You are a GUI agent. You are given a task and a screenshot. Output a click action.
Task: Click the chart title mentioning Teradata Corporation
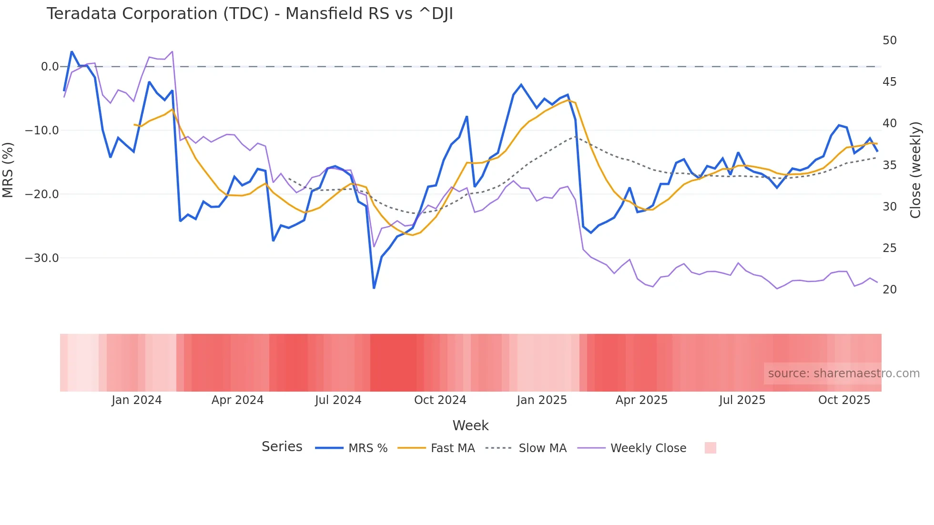249,14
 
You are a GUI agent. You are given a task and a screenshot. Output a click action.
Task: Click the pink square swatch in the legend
710,448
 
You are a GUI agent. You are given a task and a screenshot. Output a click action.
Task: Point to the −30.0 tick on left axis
41,258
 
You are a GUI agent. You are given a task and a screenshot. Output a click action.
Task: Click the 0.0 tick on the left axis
50,67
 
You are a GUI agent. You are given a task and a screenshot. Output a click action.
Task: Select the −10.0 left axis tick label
41,131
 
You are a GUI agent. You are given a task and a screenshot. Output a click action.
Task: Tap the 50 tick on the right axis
889,40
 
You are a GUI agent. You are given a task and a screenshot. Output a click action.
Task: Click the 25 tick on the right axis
889,248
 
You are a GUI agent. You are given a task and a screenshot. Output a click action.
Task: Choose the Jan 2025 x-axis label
541,400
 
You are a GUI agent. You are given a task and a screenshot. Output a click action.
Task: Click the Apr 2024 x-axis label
237,400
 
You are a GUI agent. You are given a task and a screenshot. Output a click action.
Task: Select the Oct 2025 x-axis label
844,400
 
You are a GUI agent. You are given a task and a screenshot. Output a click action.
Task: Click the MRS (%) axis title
8,170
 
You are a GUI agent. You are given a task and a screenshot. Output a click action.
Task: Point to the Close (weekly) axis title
915,170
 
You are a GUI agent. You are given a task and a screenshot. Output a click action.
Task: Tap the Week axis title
470,425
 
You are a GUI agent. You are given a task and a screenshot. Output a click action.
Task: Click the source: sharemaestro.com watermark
843,374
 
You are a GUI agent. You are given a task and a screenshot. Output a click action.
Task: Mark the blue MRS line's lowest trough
374,288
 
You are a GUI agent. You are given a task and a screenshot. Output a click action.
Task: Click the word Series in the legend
282,447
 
